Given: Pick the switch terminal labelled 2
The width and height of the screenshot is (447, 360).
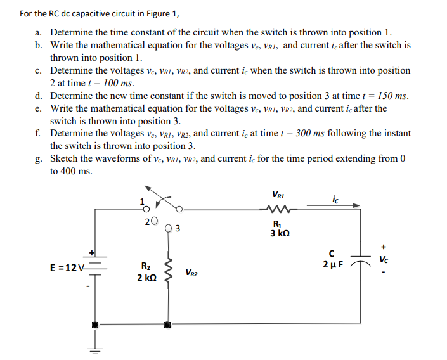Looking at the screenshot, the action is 155,222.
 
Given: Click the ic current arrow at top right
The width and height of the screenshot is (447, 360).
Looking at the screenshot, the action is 337,205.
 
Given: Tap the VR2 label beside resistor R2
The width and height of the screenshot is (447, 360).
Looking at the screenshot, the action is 193,273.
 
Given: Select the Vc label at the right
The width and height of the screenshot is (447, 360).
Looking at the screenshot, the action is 384,259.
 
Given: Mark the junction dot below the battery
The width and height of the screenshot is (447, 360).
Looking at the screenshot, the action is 96,325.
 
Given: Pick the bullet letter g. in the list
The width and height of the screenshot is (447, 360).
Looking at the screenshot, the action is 39,158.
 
